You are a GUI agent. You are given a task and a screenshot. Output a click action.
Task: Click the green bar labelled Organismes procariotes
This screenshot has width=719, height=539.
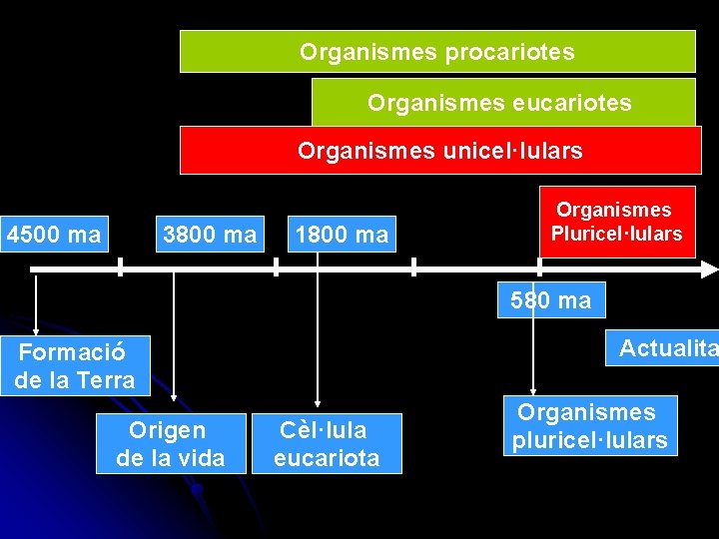(437, 52)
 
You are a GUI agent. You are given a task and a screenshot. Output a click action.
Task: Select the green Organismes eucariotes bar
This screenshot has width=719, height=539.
(503, 103)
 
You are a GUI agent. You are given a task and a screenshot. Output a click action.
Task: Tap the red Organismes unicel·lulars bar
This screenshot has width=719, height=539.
(439, 151)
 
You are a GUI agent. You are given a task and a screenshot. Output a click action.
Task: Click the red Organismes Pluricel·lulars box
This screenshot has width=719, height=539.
(617, 222)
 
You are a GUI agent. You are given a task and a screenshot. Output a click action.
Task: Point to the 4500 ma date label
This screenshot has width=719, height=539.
(54, 236)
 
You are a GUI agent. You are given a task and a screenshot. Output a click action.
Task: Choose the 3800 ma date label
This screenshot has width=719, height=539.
(210, 236)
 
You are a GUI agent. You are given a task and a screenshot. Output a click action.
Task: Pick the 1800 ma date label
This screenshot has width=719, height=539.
(342, 236)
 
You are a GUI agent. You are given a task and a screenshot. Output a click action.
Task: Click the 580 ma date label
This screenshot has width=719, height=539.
(550, 300)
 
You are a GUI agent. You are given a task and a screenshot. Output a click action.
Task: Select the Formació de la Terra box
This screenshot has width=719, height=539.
(75, 365)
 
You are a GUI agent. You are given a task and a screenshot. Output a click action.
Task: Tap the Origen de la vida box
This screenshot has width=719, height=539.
(171, 444)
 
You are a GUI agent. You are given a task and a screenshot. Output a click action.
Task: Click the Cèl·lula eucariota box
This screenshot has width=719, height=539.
(327, 444)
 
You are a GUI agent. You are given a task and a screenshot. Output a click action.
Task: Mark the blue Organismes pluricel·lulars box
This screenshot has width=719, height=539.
(590, 426)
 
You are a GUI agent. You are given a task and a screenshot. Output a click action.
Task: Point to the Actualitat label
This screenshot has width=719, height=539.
(667, 348)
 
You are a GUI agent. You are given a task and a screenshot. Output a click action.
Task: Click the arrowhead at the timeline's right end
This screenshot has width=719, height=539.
(709, 269)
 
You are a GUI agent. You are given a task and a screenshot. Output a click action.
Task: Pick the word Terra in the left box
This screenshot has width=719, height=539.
(106, 380)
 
